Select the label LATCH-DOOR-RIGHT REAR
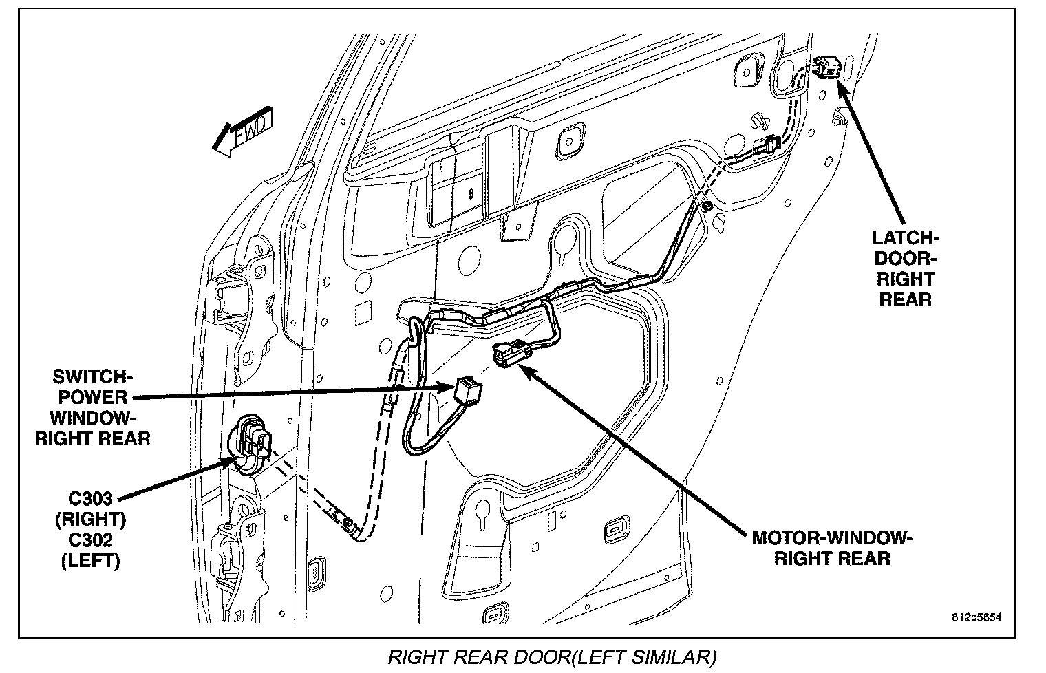click(904, 268)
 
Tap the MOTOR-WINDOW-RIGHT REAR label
click(832, 548)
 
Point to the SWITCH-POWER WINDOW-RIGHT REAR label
click(92, 407)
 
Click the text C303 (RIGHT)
click(89, 508)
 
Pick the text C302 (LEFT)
click(90, 551)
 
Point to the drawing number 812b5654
click(976, 617)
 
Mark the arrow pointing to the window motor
click(633, 447)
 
